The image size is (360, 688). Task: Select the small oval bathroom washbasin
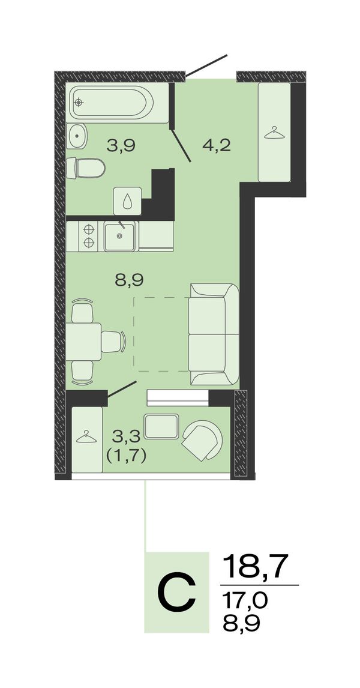point(77,136)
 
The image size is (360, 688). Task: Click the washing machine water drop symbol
point(128,201)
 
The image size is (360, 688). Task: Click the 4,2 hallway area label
point(217,145)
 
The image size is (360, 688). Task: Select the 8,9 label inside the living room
point(130,280)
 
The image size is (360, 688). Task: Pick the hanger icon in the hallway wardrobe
point(274,133)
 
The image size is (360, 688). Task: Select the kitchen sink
point(120,235)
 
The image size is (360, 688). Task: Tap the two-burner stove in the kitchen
point(89,235)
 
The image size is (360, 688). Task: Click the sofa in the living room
point(214,334)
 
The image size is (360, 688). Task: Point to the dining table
point(84,342)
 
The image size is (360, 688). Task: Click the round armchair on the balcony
point(202,439)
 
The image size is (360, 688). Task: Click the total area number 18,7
point(257,567)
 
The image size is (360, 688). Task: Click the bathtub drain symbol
point(79,103)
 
